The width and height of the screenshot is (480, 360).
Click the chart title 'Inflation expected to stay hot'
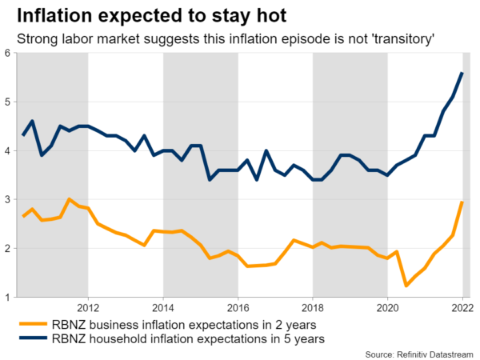(x=152, y=15)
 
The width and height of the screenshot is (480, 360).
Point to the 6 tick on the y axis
(x=7, y=53)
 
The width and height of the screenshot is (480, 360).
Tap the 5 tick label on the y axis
(x=7, y=102)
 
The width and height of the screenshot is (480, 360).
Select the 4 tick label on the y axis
(x=7, y=150)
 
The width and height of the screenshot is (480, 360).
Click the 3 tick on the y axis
(x=7, y=199)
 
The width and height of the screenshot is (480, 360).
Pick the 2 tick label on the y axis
(x=7, y=248)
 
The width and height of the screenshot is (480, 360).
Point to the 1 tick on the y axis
(x=7, y=297)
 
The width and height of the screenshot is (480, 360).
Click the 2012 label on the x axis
(x=88, y=307)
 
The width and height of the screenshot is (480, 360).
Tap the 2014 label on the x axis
(x=163, y=307)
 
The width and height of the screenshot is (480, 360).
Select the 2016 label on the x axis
(x=238, y=307)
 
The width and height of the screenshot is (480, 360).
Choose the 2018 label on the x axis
(x=313, y=307)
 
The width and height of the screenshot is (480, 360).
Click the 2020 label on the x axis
(x=387, y=307)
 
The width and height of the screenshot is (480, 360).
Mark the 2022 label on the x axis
(x=462, y=307)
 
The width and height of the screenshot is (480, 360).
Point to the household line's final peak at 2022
(x=462, y=73)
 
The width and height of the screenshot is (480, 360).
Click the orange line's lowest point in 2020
(x=406, y=285)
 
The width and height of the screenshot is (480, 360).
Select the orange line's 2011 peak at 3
(x=70, y=199)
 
